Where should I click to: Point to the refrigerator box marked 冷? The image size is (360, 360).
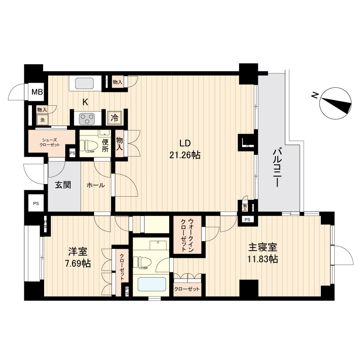click(115, 118)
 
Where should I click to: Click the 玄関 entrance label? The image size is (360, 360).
click(63, 184)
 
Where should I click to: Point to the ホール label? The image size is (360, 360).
click(95, 185)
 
